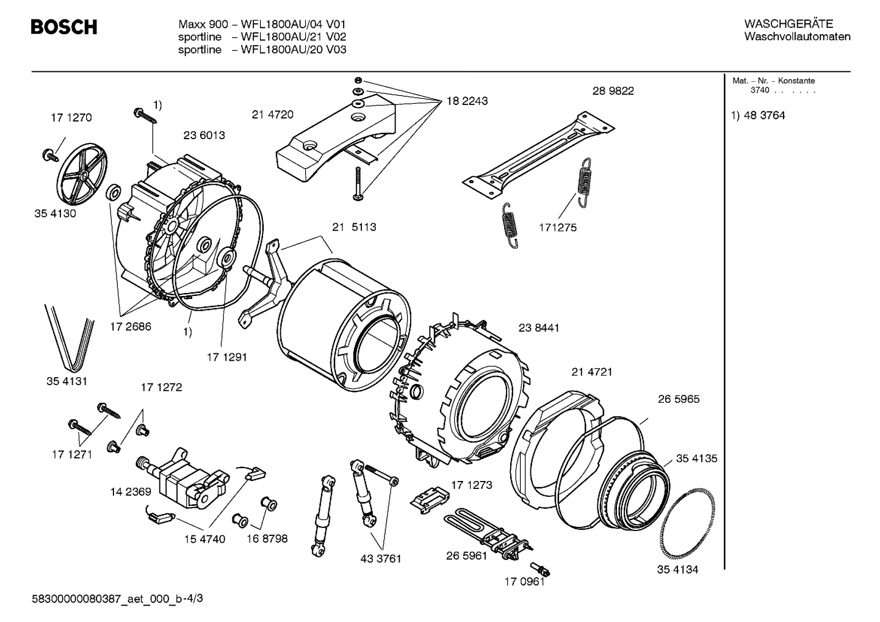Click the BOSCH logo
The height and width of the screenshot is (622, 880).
coord(63,27)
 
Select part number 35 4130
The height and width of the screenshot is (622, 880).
coord(55,214)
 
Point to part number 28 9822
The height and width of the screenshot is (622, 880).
coord(613,91)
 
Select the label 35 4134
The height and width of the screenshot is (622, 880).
coord(677,570)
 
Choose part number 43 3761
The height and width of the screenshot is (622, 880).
coord(381,559)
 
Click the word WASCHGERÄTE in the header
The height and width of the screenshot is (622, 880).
coord(788,24)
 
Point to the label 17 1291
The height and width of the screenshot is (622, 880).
coord(226,357)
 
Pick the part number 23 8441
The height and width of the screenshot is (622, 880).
coord(539,328)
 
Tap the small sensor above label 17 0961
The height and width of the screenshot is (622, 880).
coord(541,568)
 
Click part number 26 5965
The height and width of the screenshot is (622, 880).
coord(679,399)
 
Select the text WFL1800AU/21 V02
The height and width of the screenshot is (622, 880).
coord(294,37)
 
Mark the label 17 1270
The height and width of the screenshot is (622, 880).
coord(71,118)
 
